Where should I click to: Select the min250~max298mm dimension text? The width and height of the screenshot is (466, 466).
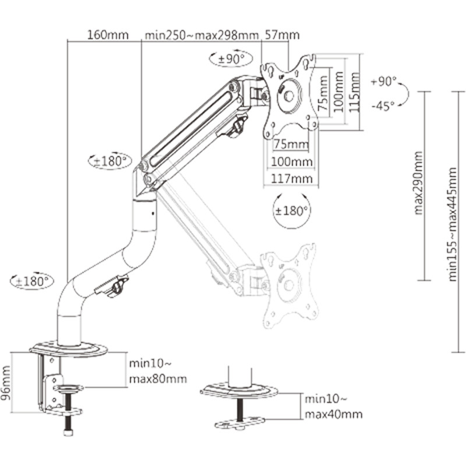201,34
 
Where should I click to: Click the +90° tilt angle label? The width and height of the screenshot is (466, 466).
383,82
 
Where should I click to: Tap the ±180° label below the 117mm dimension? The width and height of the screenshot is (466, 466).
291,210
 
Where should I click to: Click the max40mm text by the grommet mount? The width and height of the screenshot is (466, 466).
333,414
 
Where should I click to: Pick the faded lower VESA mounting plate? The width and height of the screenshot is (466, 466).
291,285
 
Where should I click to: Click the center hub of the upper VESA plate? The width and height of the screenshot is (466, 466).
290,96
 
